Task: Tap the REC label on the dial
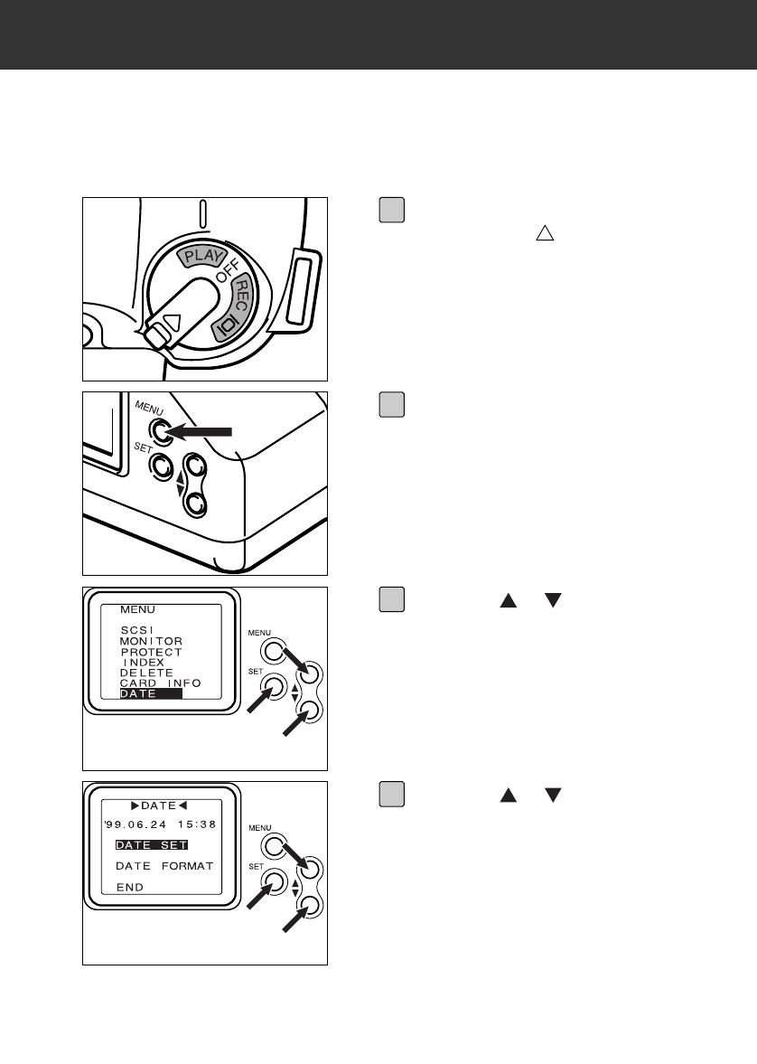click(x=243, y=294)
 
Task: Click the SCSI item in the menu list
click(x=137, y=630)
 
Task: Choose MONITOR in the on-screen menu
click(x=151, y=641)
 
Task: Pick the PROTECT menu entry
click(x=151, y=652)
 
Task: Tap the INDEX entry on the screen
click(x=144, y=663)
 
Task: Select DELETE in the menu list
click(x=146, y=673)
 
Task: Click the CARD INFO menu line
click(x=160, y=684)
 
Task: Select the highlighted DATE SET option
click(x=151, y=844)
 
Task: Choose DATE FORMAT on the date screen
click(x=164, y=866)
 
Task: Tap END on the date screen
click(x=130, y=888)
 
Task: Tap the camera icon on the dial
click(x=223, y=323)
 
